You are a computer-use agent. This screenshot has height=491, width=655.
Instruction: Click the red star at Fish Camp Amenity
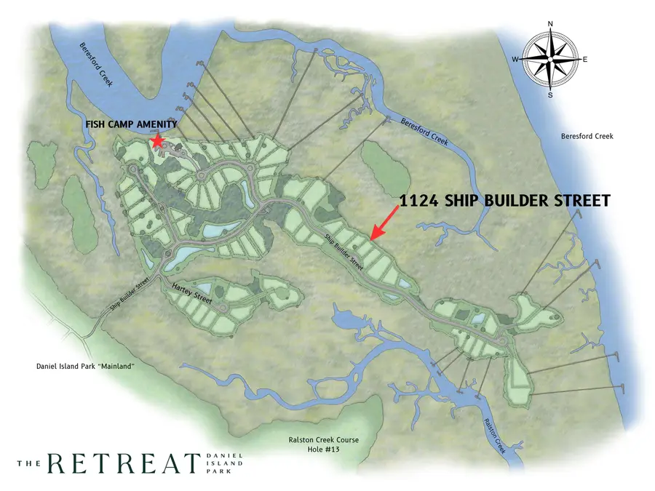[x=157, y=140]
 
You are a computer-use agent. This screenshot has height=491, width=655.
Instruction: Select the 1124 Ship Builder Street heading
[x=505, y=201]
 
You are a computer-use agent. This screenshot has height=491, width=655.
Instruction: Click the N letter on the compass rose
[x=550, y=24]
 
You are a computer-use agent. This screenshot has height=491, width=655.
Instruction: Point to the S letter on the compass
[x=550, y=95]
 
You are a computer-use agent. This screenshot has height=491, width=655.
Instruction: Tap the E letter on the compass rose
[x=585, y=59]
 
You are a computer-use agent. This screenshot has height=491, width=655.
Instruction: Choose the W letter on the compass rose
[x=515, y=59]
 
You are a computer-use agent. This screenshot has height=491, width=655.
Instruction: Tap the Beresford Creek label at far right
[x=587, y=136]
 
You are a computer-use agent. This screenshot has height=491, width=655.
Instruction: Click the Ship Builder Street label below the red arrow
[x=343, y=252]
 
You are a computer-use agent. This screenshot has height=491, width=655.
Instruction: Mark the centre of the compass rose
[x=550, y=59]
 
